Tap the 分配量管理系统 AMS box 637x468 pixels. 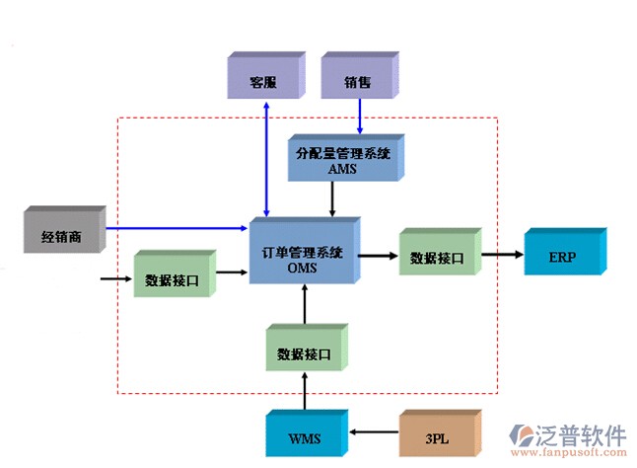342,160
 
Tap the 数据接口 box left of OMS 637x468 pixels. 171,278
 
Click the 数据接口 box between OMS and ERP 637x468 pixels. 437,256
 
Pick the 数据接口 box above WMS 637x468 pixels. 304,351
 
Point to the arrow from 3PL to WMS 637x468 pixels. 374,431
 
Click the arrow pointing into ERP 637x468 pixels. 502,255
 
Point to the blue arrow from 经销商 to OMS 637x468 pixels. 177,228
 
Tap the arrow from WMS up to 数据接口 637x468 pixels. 304,392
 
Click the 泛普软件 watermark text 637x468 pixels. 582,435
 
